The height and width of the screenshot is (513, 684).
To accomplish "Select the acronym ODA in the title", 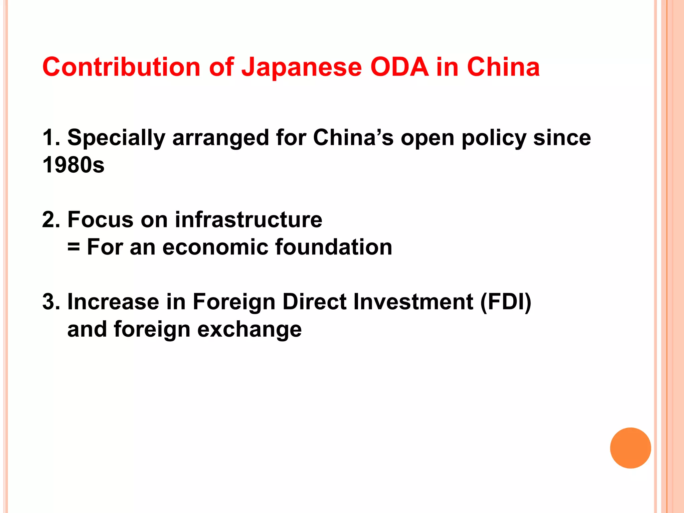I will pos(399,67).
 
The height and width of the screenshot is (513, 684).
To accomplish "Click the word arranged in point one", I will pos(220,138).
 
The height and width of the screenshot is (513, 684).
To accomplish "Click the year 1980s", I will pos(73,165).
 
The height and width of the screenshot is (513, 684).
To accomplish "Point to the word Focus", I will pos(101,220).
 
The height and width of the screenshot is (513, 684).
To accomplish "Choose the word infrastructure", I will pos(248,220).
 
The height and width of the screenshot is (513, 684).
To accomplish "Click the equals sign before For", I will pos(73,247).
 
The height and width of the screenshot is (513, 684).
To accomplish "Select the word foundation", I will pos(334,247).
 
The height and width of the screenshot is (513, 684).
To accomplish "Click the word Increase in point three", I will pos(113,302).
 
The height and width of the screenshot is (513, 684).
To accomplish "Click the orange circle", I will pos(630,448).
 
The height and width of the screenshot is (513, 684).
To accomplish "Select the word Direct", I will pos(315,302).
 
